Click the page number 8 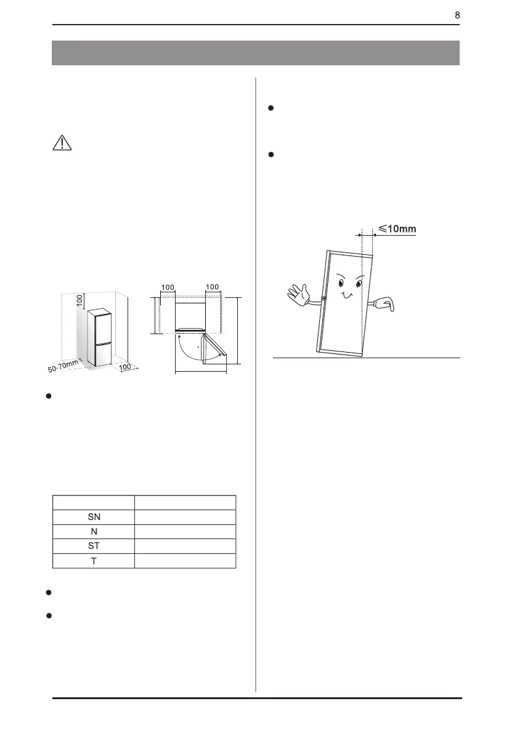pos(457,15)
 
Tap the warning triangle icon pos(62,143)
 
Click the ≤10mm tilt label pos(397,229)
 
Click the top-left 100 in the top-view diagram pos(168,287)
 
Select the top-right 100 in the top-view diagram pos(213,287)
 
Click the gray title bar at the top pos(256,53)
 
